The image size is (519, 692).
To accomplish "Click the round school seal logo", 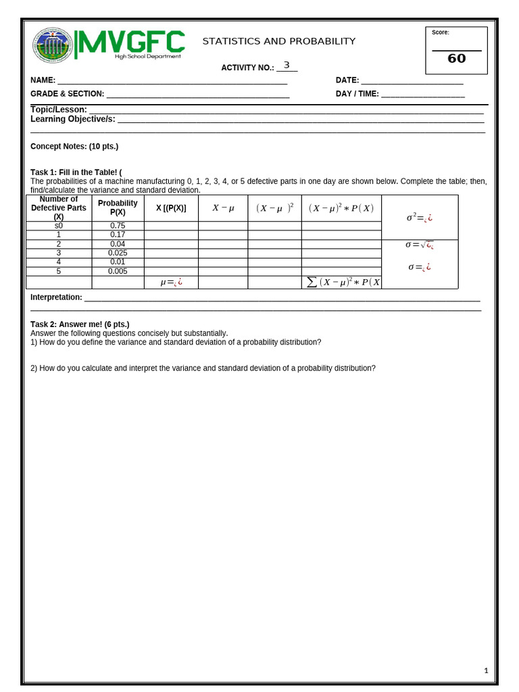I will point(53,46).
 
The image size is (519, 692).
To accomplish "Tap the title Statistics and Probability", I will point(278,41).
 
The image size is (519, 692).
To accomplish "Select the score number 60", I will point(457,59).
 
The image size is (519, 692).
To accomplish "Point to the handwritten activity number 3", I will point(287,66).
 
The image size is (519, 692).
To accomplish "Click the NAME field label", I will point(43,80).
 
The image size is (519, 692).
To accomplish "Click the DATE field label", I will point(347,80).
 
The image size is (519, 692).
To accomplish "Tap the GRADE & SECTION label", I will point(67,94).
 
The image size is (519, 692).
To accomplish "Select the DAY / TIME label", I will point(357,94).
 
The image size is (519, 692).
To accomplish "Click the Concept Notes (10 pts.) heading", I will point(74,146).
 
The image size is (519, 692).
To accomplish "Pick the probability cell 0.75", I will point(118,226).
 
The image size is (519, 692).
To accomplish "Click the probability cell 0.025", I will point(118,253).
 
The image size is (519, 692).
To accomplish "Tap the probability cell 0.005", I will point(118,271).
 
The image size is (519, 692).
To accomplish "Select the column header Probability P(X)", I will point(118,207).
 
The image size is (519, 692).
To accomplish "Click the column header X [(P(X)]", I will point(171,207).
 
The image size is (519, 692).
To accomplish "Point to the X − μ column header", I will point(223,207).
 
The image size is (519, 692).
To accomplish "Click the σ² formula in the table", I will point(419,218).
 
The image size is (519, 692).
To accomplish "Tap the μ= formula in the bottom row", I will point(171,282).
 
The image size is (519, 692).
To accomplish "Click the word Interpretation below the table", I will point(56,297).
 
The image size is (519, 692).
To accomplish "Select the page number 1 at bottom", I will point(486,670).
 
